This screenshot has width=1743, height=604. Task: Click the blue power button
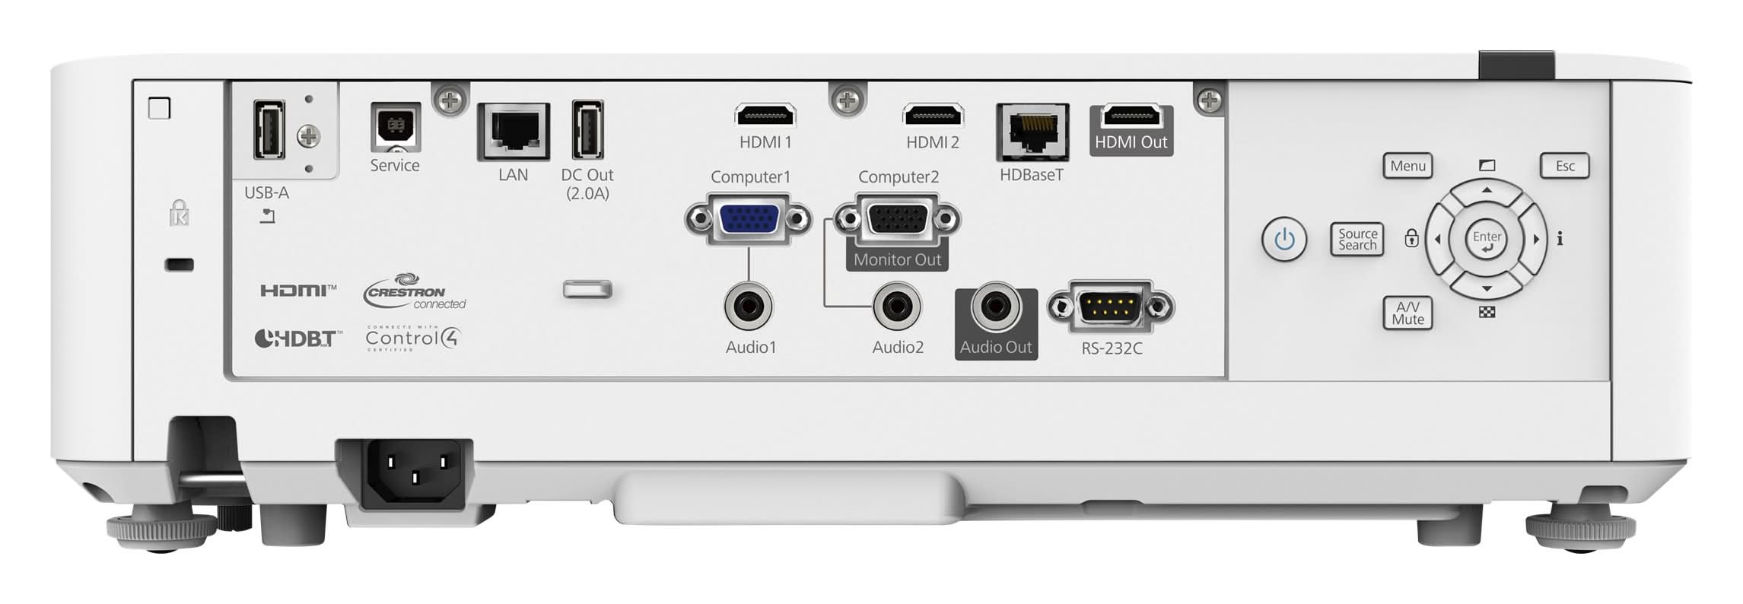(x=1284, y=240)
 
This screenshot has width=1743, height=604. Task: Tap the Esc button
(x=1564, y=166)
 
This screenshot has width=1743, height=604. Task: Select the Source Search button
(x=1357, y=239)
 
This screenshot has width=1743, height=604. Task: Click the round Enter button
(x=1486, y=239)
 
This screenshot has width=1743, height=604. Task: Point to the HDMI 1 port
(x=765, y=116)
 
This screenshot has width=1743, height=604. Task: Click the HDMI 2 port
(x=933, y=116)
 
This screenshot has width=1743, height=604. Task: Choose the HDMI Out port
(x=1131, y=116)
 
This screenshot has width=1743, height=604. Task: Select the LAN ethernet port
(x=514, y=132)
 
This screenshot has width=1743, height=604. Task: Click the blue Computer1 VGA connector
(x=748, y=220)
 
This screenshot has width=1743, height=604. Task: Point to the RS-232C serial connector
(x=1112, y=307)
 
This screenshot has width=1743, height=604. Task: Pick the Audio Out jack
(x=996, y=307)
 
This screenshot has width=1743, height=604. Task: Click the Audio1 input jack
(x=749, y=307)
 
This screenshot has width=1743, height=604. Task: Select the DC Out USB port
(x=587, y=129)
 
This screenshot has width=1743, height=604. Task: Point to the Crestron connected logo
(x=415, y=292)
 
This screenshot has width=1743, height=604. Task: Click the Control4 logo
(x=413, y=338)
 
